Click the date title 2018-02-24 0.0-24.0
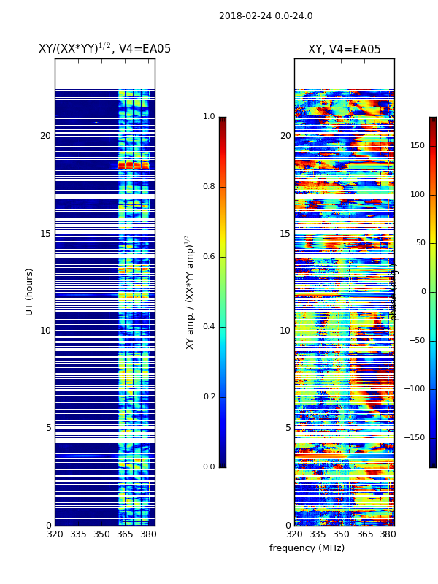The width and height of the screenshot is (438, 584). (x=266, y=16)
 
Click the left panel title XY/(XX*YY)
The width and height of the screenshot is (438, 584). (x=104, y=49)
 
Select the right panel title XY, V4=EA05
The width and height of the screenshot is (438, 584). (x=344, y=50)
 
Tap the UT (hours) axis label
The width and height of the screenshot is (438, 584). (x=30, y=291)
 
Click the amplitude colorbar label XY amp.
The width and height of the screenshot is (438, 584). (x=189, y=291)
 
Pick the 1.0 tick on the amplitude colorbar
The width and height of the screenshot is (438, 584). (x=209, y=117)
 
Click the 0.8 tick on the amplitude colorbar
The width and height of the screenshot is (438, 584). (x=209, y=187)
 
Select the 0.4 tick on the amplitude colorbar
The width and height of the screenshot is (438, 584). (x=209, y=327)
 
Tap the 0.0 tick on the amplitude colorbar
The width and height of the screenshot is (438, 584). (x=209, y=467)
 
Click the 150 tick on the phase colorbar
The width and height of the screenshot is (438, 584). (x=418, y=146)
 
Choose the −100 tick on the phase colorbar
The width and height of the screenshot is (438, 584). (x=415, y=389)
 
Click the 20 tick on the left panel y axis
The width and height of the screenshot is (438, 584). (x=45, y=136)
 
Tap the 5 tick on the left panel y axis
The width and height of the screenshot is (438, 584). (x=48, y=428)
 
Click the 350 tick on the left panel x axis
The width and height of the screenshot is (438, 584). (x=101, y=534)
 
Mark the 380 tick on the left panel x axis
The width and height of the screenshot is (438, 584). (x=148, y=534)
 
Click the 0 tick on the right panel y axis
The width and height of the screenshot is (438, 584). (x=288, y=526)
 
